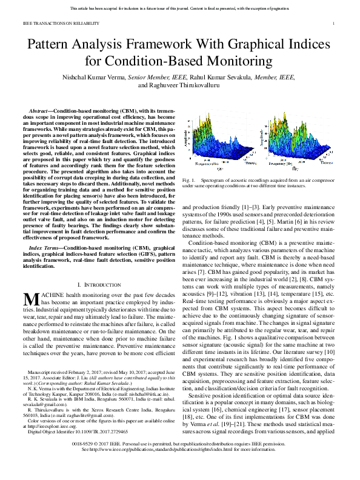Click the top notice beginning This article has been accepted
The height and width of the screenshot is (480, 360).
point(179,9)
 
